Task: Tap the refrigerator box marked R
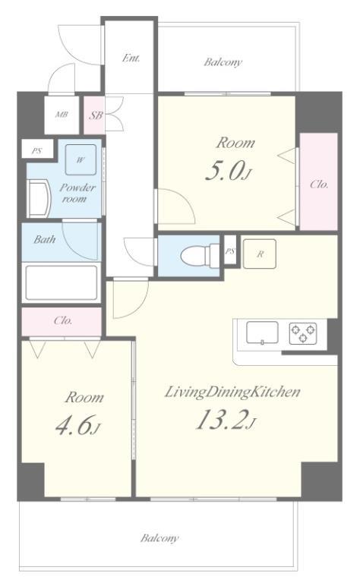pos(260,254)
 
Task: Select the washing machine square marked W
pos(81,160)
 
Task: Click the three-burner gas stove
pos(303,332)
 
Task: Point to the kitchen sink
pos(262,332)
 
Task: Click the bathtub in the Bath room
pos(62,282)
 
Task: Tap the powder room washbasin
pos(39,199)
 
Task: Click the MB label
pos(62,115)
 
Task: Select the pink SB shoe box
pos(94,115)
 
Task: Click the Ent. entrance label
pos(131,58)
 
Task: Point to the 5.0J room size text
pos(229,172)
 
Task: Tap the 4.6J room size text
pos(77,425)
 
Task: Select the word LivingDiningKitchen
pos(232,392)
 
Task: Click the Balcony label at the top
pos(223,62)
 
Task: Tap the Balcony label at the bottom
pos(159,538)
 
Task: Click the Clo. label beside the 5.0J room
pos(319,184)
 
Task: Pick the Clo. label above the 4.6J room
pos(63,320)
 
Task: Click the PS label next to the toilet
pos(230,251)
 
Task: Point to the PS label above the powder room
pos(36,151)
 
